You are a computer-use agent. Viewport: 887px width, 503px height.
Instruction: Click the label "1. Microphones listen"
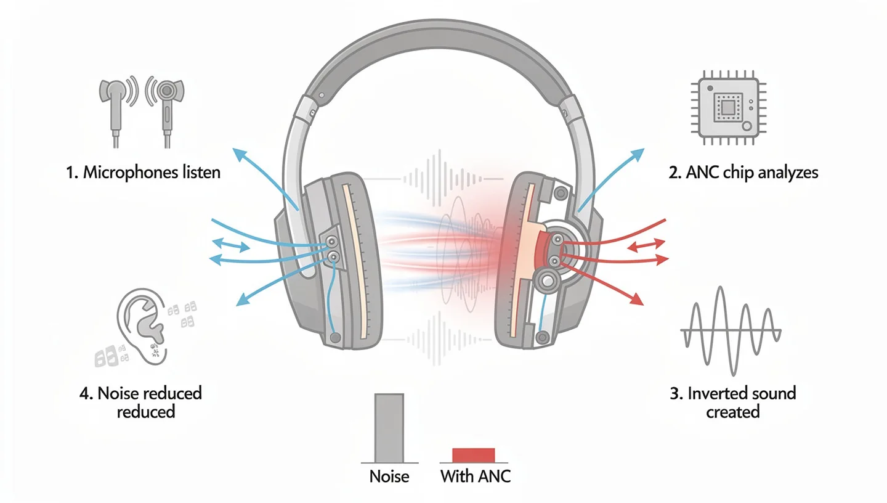tap(142, 172)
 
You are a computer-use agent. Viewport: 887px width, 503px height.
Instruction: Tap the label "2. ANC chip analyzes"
tap(743, 172)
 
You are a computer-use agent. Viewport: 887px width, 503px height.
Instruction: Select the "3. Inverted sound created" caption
tap(732, 402)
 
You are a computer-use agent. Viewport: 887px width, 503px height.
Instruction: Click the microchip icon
tap(727, 107)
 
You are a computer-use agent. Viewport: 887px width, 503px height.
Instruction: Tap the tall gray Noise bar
tap(389, 428)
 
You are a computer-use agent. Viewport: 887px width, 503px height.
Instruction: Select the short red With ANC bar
tap(473, 455)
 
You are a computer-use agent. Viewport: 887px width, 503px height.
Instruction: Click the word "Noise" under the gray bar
tap(389, 476)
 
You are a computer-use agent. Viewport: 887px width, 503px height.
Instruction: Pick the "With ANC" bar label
tap(476, 476)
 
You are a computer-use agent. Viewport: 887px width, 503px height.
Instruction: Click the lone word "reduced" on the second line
tap(146, 411)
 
